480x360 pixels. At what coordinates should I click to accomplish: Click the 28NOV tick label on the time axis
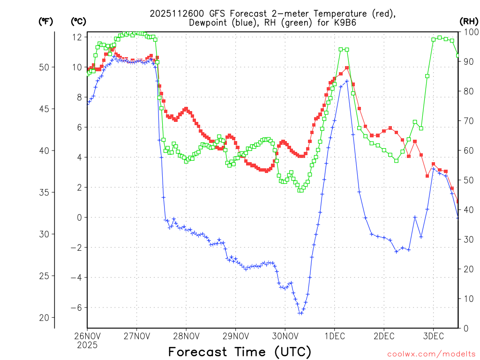[x=186, y=336]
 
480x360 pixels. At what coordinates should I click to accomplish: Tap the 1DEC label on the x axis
[x=334, y=336]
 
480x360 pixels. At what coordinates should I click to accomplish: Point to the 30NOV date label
[x=285, y=336]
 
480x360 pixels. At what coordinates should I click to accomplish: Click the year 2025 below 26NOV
[x=87, y=345]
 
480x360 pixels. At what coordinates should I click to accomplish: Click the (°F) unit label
[x=45, y=21]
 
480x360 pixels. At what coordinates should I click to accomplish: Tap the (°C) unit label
[x=78, y=21]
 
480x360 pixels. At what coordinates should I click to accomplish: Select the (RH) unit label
[x=469, y=21]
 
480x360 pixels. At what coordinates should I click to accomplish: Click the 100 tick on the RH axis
[x=468, y=32]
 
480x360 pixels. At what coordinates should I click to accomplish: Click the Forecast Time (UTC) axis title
[x=240, y=351]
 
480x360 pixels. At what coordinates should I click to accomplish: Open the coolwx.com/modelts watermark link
[x=431, y=354]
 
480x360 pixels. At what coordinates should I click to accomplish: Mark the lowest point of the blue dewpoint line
[x=300, y=313]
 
